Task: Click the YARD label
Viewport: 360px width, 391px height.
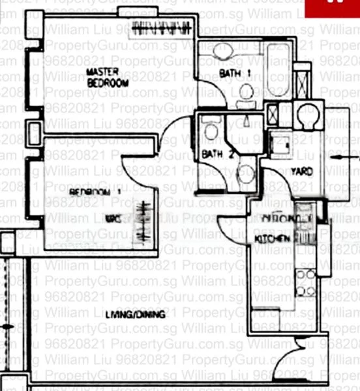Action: click(301, 171)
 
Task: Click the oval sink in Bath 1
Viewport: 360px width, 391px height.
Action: click(224, 51)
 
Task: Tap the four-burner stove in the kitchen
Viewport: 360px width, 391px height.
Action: click(305, 281)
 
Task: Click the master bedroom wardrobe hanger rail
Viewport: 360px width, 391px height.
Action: click(162, 28)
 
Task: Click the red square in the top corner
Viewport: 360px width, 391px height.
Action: click(342, 8)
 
